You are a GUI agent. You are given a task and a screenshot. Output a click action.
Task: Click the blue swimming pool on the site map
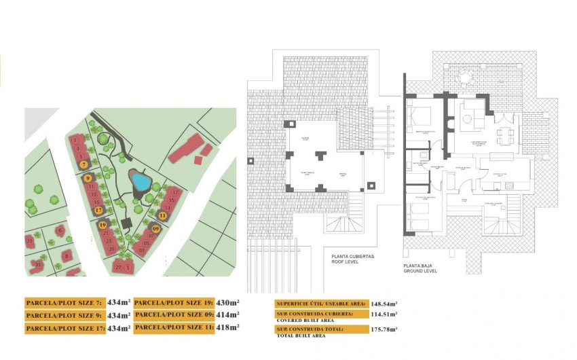(141, 181)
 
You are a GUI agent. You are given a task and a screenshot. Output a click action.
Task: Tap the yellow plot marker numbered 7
(84, 164)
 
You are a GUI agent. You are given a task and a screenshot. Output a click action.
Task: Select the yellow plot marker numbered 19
(103, 224)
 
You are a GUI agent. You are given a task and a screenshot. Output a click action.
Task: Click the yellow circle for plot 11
(162, 215)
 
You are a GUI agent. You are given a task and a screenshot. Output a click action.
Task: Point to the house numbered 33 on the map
(29, 240)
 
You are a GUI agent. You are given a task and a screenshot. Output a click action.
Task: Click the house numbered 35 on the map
(39, 264)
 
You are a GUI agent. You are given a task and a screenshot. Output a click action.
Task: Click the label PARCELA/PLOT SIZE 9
(64, 316)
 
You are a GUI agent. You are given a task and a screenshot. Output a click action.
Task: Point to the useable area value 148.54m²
(384, 304)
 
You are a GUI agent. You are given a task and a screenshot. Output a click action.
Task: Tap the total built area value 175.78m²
(384, 329)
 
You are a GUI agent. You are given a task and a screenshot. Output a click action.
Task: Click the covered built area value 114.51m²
(384, 314)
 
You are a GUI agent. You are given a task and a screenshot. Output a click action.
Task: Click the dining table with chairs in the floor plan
(504, 136)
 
